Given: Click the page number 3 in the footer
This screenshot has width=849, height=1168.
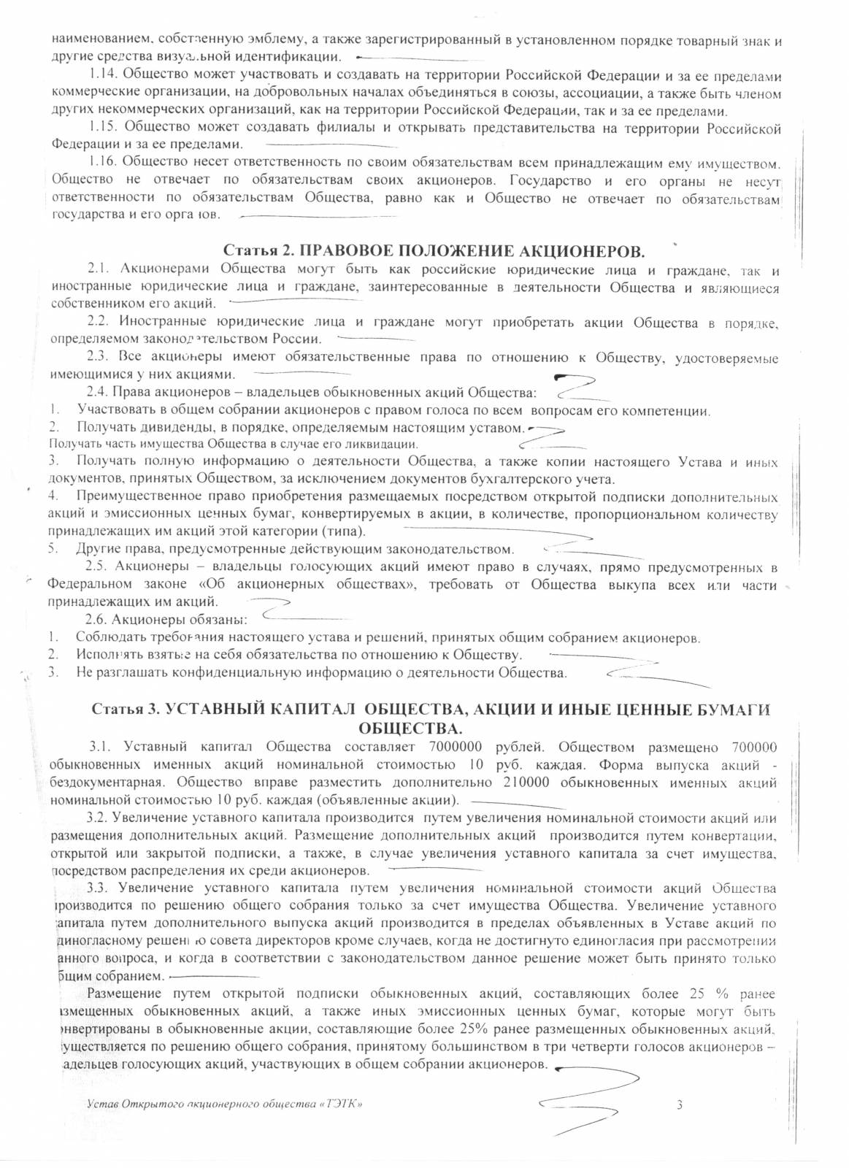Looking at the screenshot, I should pos(679,1105).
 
